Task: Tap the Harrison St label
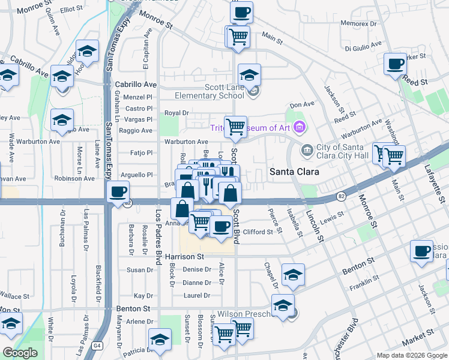[x=185, y=256]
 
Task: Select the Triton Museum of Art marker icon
[x=300, y=127]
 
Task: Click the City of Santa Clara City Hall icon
[x=307, y=148]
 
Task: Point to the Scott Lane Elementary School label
[x=209, y=91]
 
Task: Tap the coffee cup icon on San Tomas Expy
[x=118, y=192]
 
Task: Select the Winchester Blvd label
[x=354, y=336]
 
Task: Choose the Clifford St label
[x=258, y=231]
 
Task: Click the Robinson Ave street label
[x=74, y=178]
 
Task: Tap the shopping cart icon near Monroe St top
[x=238, y=36]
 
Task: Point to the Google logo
[x=20, y=353]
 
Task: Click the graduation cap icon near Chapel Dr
[x=293, y=275]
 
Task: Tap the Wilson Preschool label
[x=247, y=314]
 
